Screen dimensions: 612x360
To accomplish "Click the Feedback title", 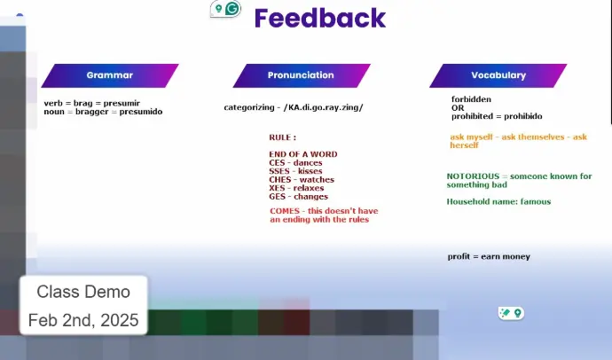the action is (x=320, y=19).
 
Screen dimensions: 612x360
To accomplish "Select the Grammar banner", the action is (x=110, y=75).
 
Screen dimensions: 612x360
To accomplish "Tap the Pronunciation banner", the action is (x=301, y=75).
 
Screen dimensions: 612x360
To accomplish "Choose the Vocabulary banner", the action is (x=498, y=75).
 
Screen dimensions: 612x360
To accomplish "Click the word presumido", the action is (x=140, y=112).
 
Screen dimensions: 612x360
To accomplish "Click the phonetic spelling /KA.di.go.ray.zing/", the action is (x=324, y=107).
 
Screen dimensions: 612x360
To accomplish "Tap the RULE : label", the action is (x=282, y=137).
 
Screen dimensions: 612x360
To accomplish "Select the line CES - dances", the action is (x=295, y=162).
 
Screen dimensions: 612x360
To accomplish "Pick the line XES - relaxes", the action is (x=296, y=188).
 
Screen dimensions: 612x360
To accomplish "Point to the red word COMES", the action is (x=285, y=211).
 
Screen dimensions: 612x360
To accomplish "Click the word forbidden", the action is (x=471, y=99).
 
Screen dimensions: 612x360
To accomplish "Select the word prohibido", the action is (x=523, y=116).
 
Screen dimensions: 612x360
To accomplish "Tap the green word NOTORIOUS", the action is (x=473, y=176).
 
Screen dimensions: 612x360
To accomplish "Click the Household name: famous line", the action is (x=498, y=201).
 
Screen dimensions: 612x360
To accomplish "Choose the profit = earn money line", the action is (x=489, y=256).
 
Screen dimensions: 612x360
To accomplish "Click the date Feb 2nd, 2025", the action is (x=83, y=320).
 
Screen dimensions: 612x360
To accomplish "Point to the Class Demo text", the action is (x=83, y=292).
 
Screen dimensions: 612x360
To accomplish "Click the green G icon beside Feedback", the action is (x=232, y=9).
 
